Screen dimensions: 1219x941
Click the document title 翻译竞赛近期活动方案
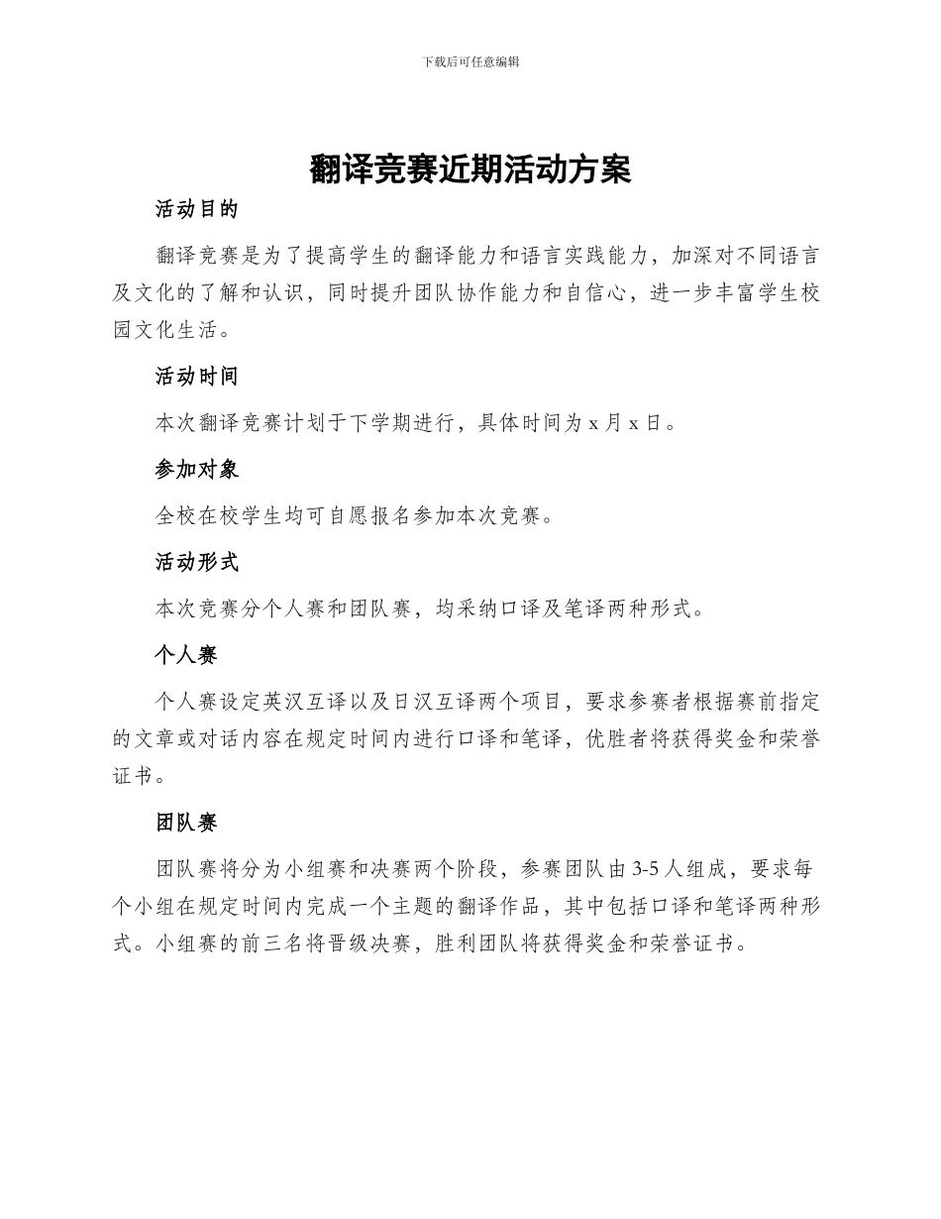pos(470,169)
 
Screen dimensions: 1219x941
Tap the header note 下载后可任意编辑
pos(470,61)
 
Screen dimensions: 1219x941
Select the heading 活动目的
pos(197,209)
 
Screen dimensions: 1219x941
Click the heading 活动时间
pos(197,377)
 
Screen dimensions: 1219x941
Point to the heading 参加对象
pos(197,470)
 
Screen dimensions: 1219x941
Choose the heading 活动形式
pos(197,563)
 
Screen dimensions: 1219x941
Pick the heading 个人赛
pos(186,655)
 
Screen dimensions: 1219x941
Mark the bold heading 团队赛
pos(186,823)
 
